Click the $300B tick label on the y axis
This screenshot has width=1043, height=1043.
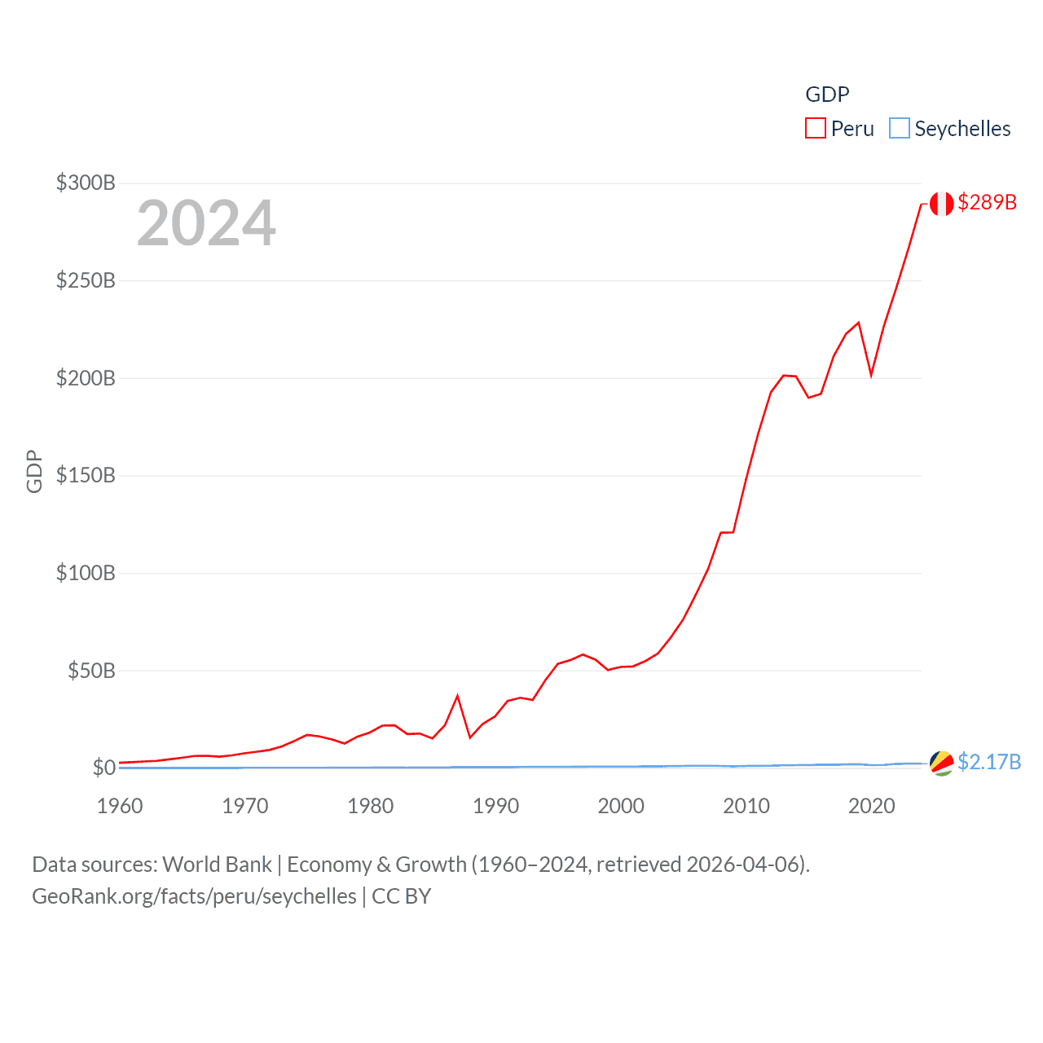click(86, 183)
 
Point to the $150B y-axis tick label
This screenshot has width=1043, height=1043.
click(86, 475)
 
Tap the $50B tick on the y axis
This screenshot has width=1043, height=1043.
click(91, 671)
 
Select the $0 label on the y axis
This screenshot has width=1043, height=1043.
click(103, 768)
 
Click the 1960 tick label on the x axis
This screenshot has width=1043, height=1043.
click(120, 806)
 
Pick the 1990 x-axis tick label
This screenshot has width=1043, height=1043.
click(495, 806)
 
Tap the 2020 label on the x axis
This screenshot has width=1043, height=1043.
click(871, 806)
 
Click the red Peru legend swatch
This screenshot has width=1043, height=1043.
click(816, 128)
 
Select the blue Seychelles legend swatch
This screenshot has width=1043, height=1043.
click(899, 128)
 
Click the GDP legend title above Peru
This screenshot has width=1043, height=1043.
click(827, 95)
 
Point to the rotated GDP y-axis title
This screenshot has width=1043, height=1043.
click(34, 471)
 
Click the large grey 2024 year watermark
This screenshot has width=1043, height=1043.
click(206, 223)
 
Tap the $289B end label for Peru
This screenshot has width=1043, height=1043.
click(987, 202)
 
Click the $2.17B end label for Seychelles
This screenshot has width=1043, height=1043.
click(989, 762)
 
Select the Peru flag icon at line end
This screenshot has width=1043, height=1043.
click(941, 204)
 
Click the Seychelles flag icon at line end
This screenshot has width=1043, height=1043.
click(941, 764)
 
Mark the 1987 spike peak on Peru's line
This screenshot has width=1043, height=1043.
click(458, 696)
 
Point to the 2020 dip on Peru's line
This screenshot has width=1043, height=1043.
click(871, 375)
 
